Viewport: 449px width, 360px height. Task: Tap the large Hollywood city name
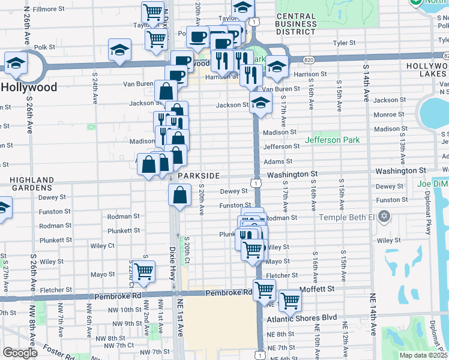click(29, 87)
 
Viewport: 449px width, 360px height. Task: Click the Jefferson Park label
click(332, 140)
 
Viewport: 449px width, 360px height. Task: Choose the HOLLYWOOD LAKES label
click(427, 70)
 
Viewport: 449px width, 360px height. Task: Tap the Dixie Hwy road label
click(172, 256)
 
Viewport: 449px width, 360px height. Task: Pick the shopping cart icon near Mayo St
click(143, 272)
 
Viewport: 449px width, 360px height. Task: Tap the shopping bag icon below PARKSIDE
click(180, 194)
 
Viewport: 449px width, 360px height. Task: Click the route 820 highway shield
click(309, 60)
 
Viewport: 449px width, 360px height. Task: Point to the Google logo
click(20, 353)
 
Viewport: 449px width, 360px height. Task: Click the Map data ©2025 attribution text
click(424, 355)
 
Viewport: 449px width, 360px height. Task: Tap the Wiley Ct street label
click(103, 246)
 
